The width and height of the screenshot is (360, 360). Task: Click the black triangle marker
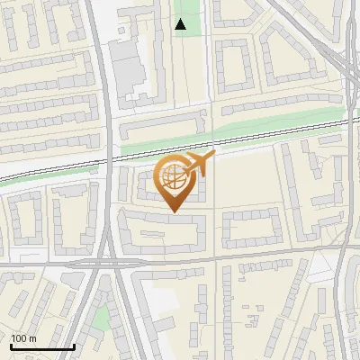click(x=181, y=24)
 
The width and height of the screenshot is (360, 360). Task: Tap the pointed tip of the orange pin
click(x=173, y=212)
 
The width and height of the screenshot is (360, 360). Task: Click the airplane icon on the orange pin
click(x=200, y=163)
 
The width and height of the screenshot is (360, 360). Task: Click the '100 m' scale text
click(x=23, y=338)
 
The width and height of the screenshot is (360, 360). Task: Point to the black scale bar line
click(x=41, y=346)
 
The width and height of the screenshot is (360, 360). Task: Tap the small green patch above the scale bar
click(x=102, y=317)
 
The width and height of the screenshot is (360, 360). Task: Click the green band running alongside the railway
click(x=234, y=133)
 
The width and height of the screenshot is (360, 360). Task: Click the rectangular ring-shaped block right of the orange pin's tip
click(x=253, y=229)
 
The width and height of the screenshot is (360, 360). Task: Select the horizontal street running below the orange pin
click(x=225, y=257)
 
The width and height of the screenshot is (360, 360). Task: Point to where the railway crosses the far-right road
click(x=347, y=119)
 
